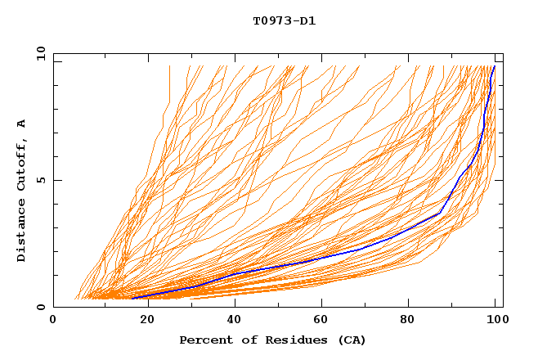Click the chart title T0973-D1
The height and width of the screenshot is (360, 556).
click(284, 20)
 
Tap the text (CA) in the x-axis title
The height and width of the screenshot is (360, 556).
click(352, 340)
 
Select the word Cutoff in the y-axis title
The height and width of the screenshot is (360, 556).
click(22, 161)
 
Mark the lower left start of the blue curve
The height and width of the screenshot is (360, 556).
click(132, 298)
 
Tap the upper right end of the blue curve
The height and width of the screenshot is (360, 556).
click(495, 66)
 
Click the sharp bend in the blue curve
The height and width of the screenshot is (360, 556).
click(441, 213)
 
